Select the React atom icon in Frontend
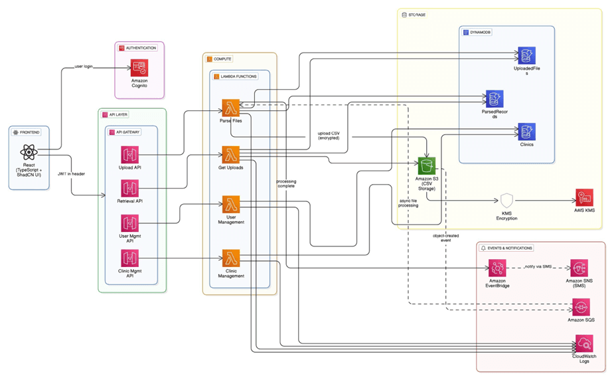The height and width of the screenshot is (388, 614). click(x=29, y=154)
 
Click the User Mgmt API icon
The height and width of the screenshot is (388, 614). click(x=130, y=224)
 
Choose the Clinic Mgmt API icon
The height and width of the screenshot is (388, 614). click(x=130, y=258)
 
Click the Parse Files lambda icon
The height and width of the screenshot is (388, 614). click(x=230, y=107)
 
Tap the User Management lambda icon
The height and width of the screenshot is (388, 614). click(x=230, y=204)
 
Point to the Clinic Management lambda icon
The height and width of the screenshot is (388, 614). click(x=230, y=258)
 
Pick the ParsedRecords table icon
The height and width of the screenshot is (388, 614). click(x=494, y=98)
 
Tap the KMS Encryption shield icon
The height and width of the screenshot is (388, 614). click(x=507, y=201)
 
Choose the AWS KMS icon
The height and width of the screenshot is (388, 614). click(x=584, y=198)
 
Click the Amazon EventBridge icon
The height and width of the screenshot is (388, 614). click(x=497, y=268)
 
